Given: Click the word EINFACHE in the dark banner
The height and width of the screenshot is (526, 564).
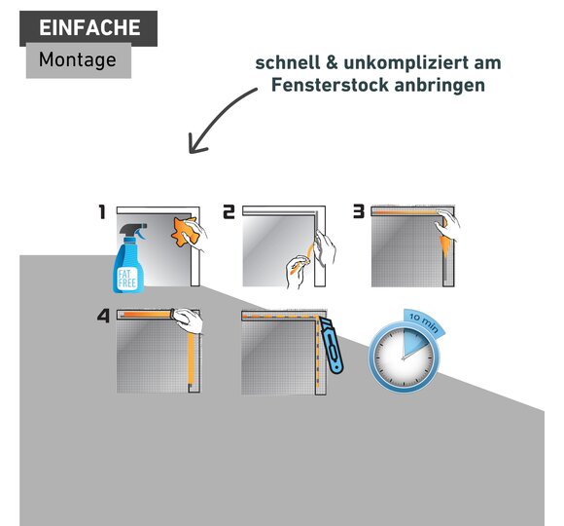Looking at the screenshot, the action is coord(89,27).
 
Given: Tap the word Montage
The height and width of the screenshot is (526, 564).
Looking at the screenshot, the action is coord(78,59).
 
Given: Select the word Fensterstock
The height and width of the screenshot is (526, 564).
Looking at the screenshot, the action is coord(330,85).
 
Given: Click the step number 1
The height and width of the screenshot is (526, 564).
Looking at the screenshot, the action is coord(102,211).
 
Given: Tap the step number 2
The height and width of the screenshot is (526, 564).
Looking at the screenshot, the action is coord(229,211).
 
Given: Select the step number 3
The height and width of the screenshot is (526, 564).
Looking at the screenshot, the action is coord(359,211).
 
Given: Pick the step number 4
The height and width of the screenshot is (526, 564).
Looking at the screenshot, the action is coord(103,316).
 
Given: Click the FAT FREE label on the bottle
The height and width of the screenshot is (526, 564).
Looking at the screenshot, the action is coord(127,279).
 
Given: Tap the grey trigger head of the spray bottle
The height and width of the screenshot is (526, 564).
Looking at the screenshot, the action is coord(134,231).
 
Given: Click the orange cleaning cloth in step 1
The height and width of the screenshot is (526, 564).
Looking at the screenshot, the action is coord(185,232).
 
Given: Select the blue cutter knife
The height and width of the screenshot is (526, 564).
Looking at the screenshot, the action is coord(332,346).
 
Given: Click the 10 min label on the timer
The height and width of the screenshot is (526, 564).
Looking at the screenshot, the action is coord(424,321).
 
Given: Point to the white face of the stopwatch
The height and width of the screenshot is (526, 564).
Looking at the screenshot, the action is coord(404,357).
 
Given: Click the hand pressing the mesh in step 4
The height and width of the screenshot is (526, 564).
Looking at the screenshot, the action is coord(188,319).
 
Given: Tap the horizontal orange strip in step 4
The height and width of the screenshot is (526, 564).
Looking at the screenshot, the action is coord(147,315).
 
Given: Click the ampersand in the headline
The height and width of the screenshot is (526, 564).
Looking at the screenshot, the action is coord(332,63).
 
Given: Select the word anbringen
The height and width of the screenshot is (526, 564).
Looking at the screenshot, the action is coord(440,86).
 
